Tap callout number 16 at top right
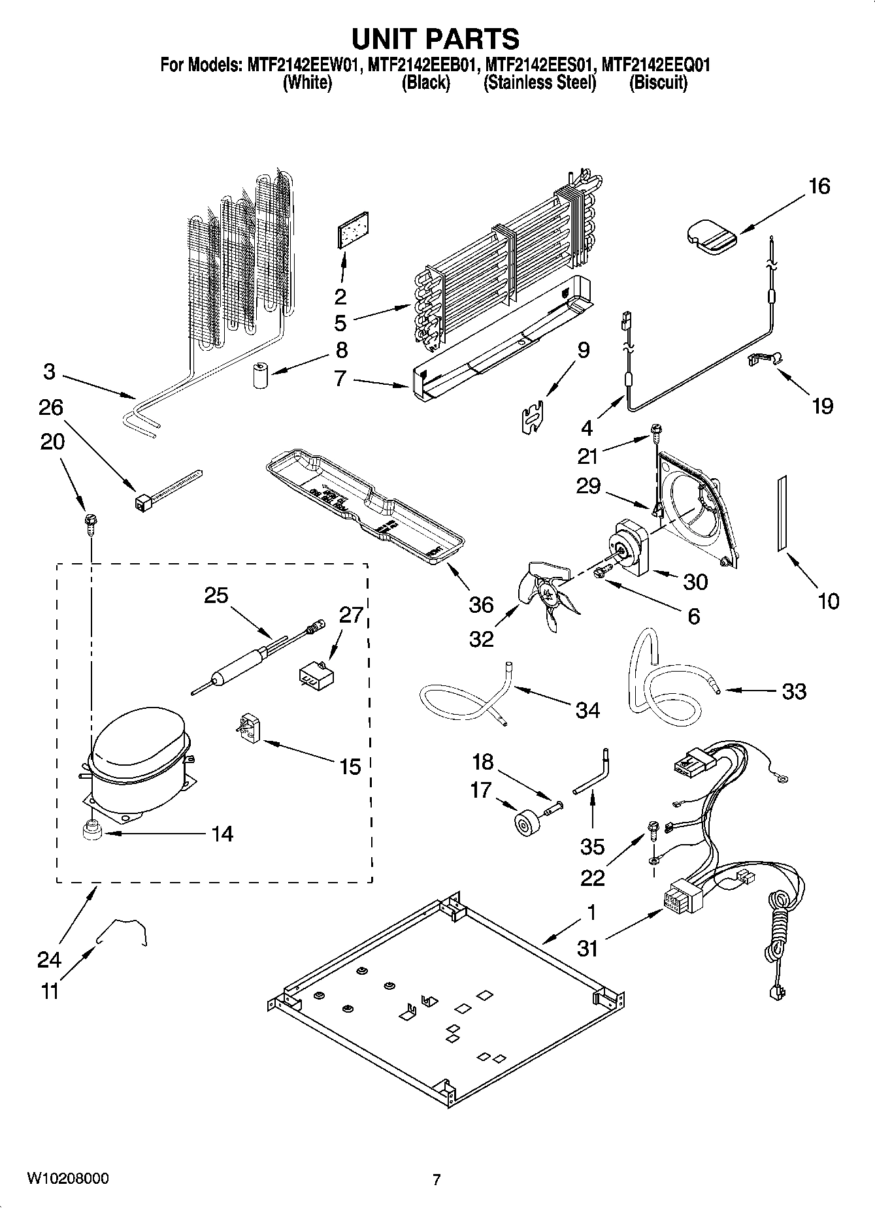(819, 187)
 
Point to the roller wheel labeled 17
(525, 823)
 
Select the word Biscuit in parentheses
(657, 83)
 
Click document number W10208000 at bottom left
(68, 1179)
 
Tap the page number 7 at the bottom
(437, 1179)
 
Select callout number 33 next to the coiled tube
(794, 691)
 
